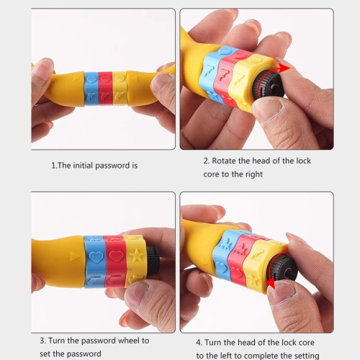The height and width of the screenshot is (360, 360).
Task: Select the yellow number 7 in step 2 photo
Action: tap(239, 79)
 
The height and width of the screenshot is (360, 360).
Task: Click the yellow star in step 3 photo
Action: tap(136, 256)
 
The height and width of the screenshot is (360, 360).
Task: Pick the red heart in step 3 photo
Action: tap(117, 256)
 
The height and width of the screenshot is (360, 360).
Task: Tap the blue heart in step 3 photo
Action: tap(96, 257)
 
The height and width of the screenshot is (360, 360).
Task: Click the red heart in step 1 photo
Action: tap(105, 78)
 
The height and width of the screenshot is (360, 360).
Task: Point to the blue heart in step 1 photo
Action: tap(91, 79)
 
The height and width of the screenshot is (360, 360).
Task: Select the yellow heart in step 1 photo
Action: tap(120, 78)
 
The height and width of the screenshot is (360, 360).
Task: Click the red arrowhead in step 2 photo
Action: tap(284, 68)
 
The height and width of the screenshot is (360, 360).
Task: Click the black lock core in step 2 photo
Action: tap(269, 85)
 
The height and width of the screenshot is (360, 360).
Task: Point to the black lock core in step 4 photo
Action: tap(282, 269)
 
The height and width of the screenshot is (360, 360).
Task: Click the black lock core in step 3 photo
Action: tap(153, 260)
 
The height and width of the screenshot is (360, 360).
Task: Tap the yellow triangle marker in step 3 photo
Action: tap(75, 256)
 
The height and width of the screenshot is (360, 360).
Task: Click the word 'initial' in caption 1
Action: tap(83, 166)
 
